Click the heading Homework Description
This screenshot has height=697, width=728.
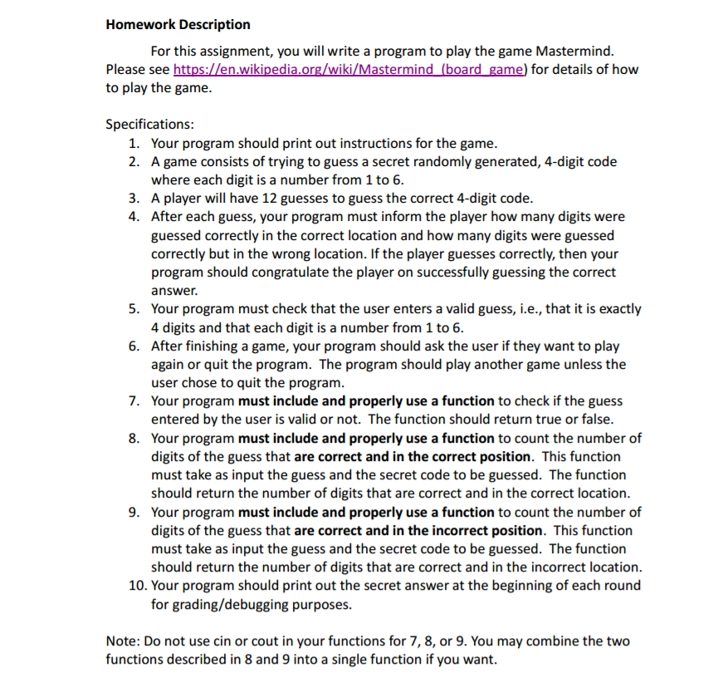point(178,24)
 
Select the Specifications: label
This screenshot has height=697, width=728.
point(149,124)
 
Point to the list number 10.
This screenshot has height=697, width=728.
point(137,585)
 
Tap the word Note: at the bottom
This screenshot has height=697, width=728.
point(124,641)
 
